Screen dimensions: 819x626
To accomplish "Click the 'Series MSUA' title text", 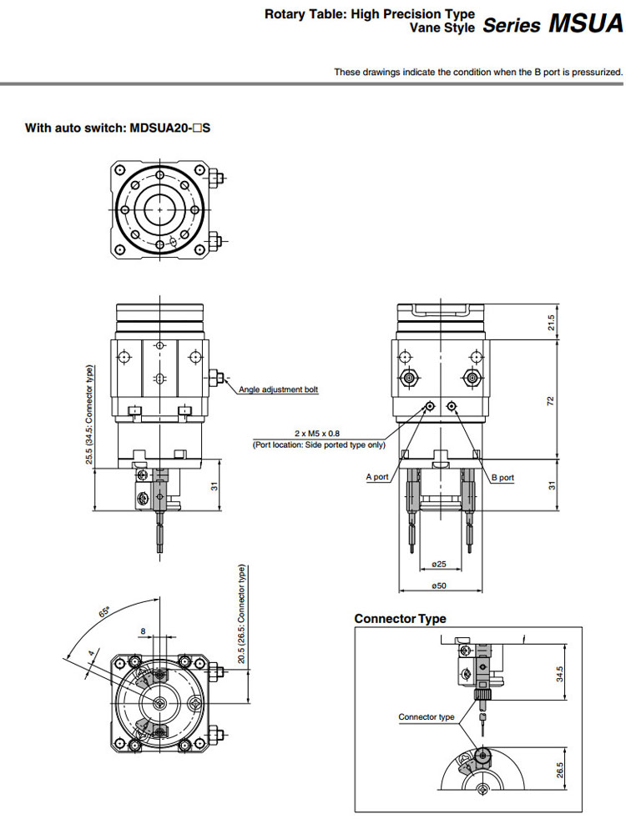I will [553, 23].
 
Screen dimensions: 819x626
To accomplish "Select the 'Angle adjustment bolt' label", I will [278, 389].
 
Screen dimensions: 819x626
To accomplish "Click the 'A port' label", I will [377, 477].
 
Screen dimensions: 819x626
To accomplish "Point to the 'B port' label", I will [502, 478].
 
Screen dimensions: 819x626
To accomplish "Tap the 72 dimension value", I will [551, 401].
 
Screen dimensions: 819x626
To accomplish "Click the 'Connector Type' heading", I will [400, 619].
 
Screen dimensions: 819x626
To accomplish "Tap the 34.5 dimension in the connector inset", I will [560, 672].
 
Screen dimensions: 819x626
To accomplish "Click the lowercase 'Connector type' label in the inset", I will [427, 717].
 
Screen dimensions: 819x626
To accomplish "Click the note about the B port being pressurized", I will [478, 73].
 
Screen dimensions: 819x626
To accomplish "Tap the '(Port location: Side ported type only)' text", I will [319, 445].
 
